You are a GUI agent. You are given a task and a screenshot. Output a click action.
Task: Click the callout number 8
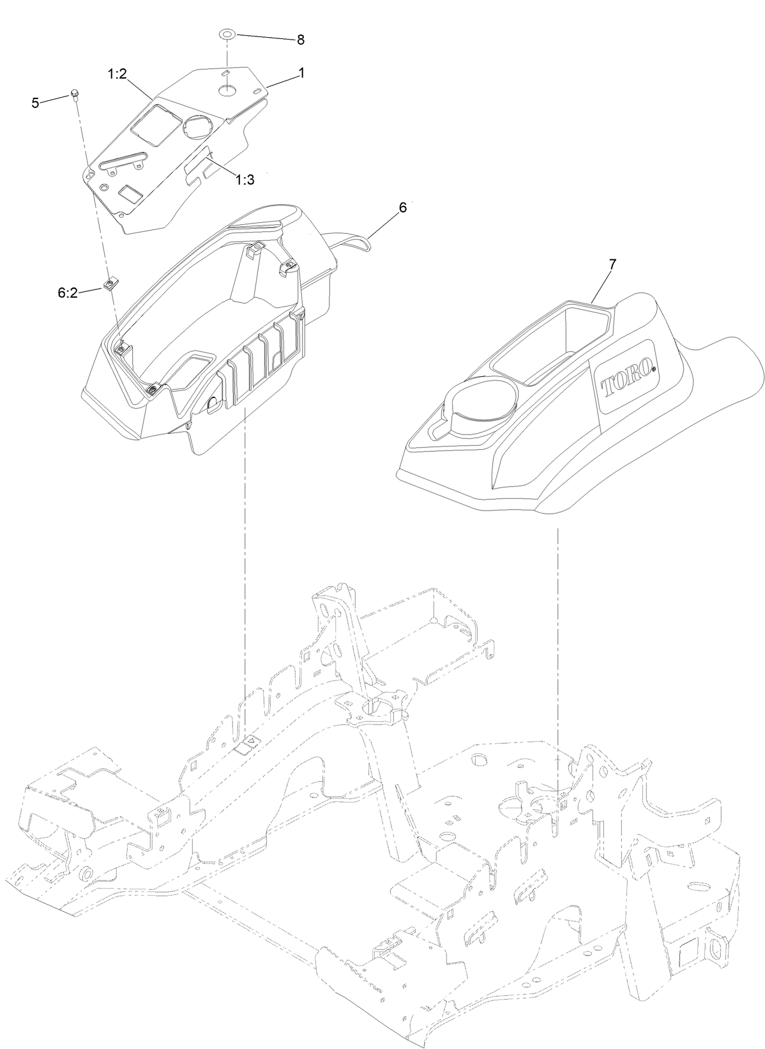(x=300, y=40)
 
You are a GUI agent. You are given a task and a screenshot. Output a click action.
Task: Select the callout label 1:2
(x=118, y=75)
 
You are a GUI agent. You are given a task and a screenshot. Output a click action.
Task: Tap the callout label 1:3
(x=245, y=180)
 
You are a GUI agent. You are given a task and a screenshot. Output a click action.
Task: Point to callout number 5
(x=36, y=102)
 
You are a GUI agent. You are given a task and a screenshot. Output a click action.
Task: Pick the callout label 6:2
(x=67, y=293)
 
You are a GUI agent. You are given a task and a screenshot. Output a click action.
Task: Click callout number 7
(x=612, y=263)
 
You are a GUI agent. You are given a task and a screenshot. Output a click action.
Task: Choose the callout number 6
(x=402, y=208)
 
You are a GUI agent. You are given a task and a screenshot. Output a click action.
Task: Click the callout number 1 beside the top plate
(x=301, y=73)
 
